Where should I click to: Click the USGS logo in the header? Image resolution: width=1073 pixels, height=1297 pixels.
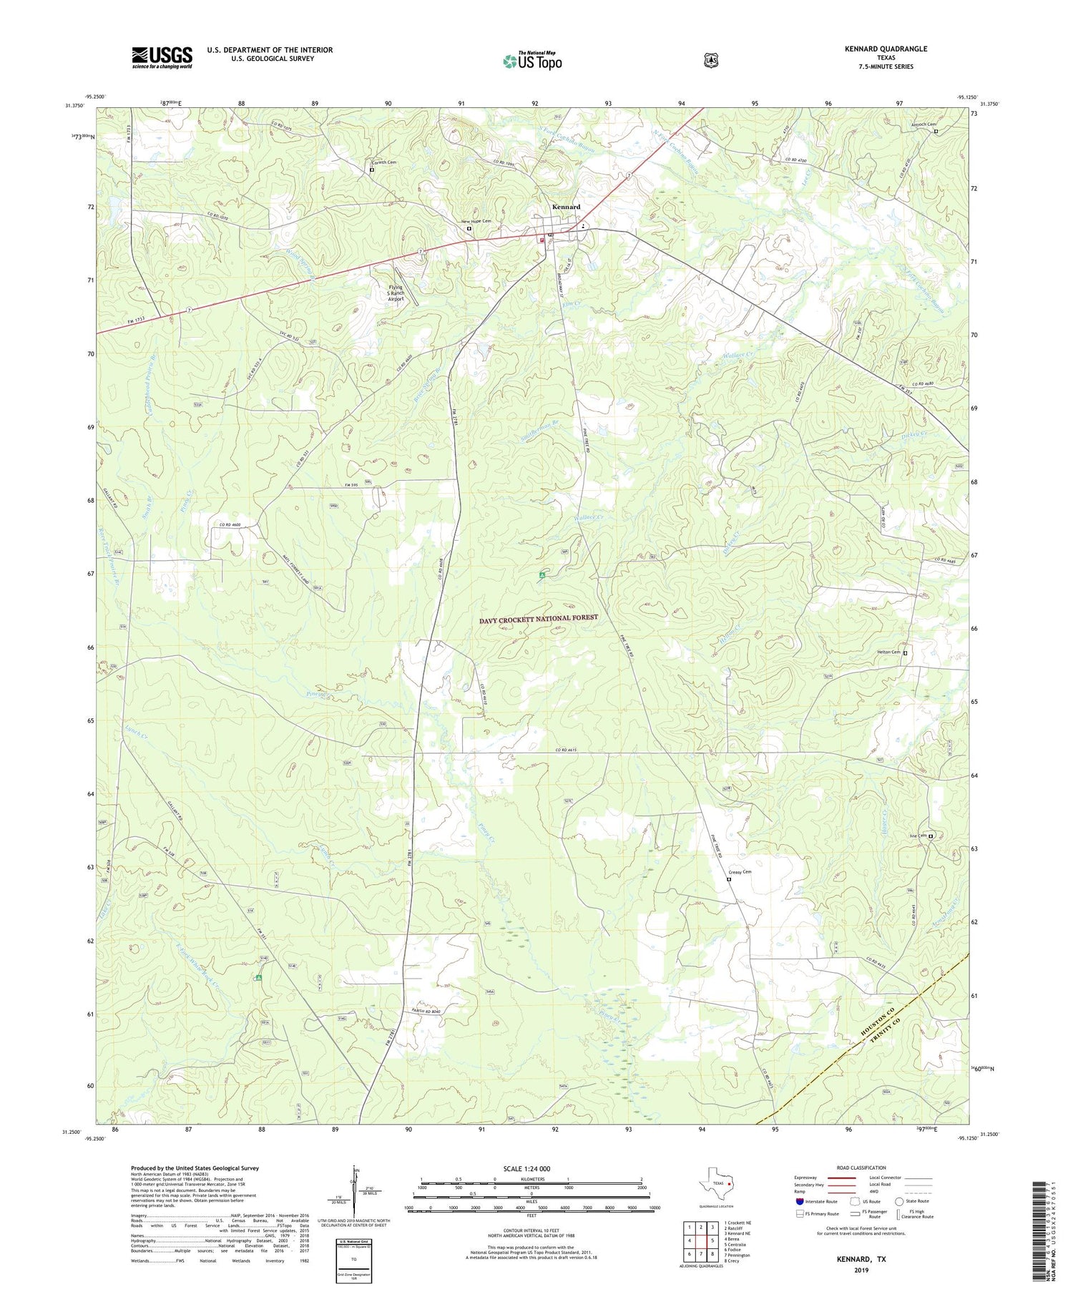[x=162, y=57]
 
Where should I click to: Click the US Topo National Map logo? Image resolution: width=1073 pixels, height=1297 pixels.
[x=532, y=61]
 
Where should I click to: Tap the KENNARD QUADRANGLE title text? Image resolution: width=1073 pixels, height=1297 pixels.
[x=886, y=49]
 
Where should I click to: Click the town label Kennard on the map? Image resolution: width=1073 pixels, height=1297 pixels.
[x=566, y=207]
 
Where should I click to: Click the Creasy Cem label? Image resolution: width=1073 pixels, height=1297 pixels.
[x=740, y=872]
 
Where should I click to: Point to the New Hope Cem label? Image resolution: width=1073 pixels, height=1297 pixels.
[x=476, y=221]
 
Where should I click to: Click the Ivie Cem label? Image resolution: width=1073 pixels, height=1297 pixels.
[x=918, y=835]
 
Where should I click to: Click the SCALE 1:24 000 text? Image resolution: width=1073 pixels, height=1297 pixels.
[x=526, y=1168]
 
